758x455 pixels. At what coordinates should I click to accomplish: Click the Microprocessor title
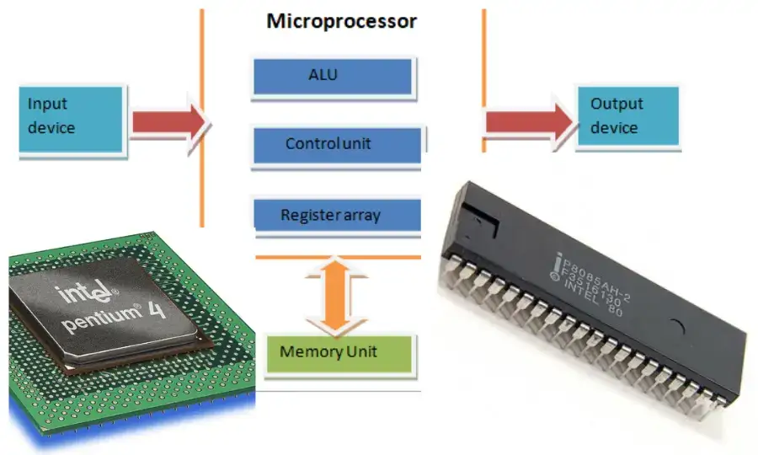341,21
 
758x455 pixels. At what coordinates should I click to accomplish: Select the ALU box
333,77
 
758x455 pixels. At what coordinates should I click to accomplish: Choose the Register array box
336,215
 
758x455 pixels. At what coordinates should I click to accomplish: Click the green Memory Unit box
339,351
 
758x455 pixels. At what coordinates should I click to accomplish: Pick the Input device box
72,118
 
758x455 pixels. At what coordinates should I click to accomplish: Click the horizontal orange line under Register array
337,257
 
